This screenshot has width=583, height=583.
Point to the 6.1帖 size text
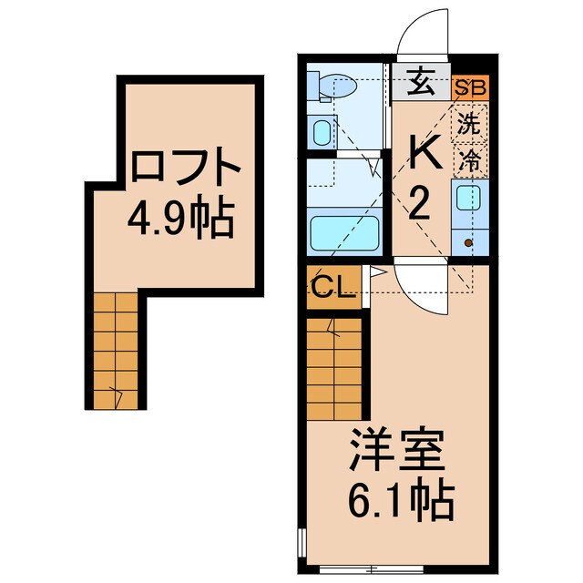coord(398,498)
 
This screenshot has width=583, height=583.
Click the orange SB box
coord(472,89)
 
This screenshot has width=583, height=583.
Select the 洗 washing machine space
coord(470,125)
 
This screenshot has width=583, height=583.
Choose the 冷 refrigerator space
coord(470,161)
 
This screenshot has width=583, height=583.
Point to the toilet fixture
coord(326,84)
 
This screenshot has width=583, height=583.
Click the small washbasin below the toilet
coord(322,133)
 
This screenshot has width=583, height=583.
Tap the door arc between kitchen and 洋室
coord(421,291)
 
